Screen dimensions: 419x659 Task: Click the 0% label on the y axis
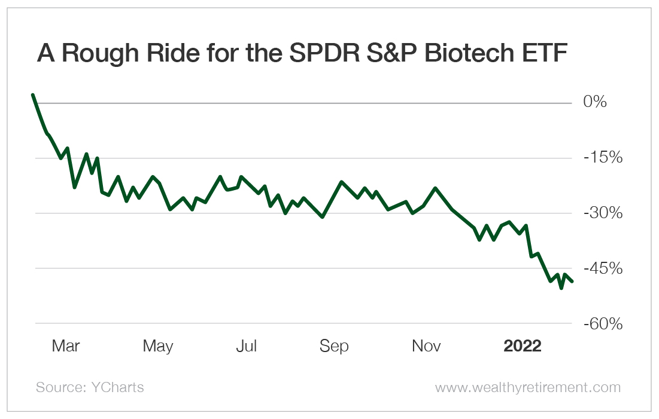[596, 102]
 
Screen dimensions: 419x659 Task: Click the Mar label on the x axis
[66, 346]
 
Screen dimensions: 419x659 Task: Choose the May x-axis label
[158, 346]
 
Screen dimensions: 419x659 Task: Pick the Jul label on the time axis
[246, 346]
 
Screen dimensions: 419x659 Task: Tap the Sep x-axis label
[334, 346]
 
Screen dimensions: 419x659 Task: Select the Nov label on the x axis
[426, 346]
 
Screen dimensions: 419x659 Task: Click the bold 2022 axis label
[523, 346]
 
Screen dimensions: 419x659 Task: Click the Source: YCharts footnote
[90, 387]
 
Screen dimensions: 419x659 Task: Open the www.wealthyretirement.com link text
[527, 387]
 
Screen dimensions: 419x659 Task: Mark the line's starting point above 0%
[32, 94]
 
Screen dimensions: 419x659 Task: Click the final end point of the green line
[572, 282]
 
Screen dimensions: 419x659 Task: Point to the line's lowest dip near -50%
[561, 288]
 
